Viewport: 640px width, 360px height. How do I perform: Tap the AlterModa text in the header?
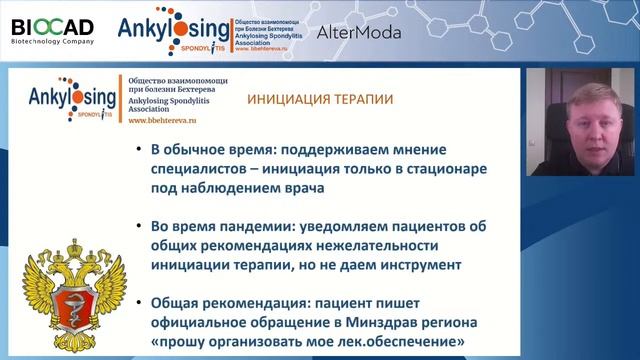coord(359,32)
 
